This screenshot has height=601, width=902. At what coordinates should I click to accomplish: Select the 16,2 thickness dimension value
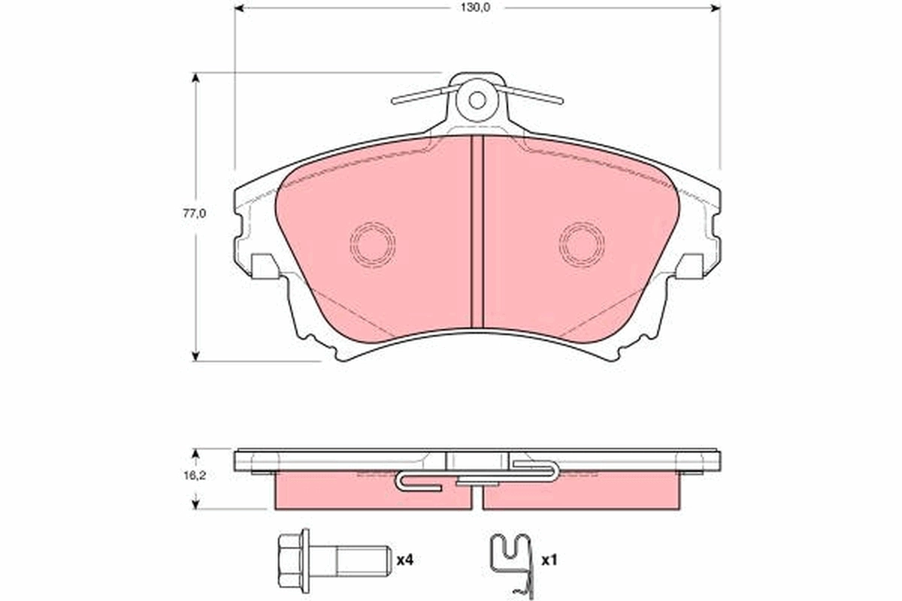pyautogui.click(x=195, y=476)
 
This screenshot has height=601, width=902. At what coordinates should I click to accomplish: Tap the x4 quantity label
pyautogui.click(x=405, y=560)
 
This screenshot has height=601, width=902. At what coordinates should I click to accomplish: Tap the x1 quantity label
pyautogui.click(x=549, y=560)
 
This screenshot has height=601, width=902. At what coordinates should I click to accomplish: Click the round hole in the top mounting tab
pyautogui.click(x=477, y=99)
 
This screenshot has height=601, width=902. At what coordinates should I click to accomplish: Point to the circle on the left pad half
pyautogui.click(x=372, y=243)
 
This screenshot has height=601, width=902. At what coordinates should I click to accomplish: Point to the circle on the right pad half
pyautogui.click(x=581, y=243)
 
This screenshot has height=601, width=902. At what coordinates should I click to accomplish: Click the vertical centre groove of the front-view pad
pyautogui.click(x=477, y=233)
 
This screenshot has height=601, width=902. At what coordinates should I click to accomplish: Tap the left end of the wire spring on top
pyautogui.click(x=395, y=100)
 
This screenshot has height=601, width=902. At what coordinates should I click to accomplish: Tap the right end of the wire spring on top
pyautogui.click(x=559, y=99)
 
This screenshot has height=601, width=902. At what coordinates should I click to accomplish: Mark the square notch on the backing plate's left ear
pyautogui.click(x=262, y=265)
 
